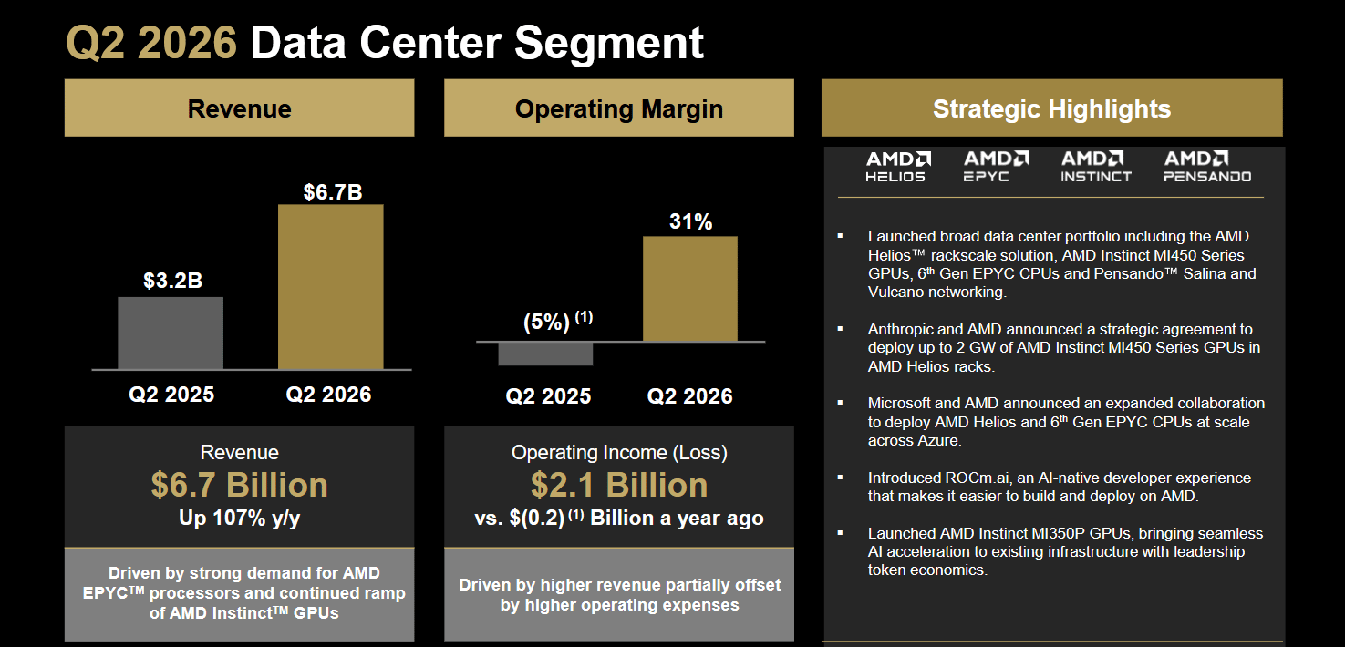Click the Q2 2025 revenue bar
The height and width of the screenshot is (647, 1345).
pos(171,334)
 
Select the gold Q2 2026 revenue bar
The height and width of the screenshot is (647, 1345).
pos(330,287)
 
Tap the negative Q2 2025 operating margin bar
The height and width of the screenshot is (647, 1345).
pos(545,354)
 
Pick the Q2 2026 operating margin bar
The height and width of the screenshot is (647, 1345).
pos(690,289)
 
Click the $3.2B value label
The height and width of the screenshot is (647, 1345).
pos(173,281)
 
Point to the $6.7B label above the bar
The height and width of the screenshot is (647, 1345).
pos(333,192)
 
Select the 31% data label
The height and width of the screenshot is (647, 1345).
pos(690,221)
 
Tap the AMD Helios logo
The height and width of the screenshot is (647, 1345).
pos(897,166)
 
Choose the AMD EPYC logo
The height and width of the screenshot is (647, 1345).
pos(996,166)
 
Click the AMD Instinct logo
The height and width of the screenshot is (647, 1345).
pos(1096,166)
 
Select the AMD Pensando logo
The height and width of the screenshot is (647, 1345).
pos(1207,166)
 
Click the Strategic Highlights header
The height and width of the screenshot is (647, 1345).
pos(1052,108)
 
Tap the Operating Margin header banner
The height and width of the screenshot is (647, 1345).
pos(619,108)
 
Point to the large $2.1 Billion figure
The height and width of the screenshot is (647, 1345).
pos(619,485)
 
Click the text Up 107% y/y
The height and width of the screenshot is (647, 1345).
pos(239,518)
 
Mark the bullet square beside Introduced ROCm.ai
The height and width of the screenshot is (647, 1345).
pos(840,478)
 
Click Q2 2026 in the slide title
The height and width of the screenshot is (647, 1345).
pos(151,43)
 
